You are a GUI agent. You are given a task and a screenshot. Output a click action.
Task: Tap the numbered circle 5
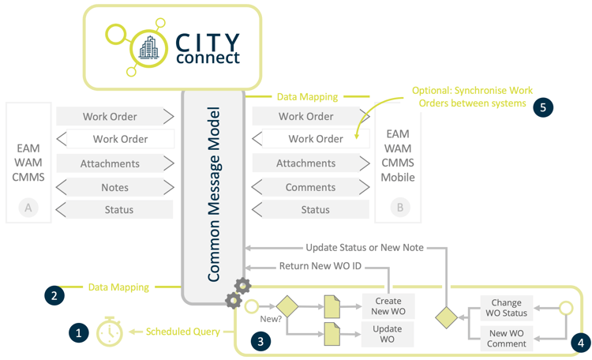pos(542,107)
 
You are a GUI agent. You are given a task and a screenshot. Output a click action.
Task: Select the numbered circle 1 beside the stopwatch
pos(78,333)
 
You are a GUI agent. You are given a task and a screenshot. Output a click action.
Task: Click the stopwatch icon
pos(110,332)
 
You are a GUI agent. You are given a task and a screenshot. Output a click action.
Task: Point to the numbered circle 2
pos(54,295)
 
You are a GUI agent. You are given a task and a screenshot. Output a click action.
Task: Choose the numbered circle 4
pos(579,343)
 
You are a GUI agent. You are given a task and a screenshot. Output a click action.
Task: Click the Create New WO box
pos(388,306)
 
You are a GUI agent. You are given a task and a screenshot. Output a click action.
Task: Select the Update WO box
pos(388,334)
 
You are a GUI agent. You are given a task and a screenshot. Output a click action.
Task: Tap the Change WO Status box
pos(506,308)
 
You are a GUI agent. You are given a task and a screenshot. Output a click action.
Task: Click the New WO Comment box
pos(506,339)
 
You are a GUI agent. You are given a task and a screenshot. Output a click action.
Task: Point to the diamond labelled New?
pos(285,306)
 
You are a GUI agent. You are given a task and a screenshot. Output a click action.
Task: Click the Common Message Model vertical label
pos(214,194)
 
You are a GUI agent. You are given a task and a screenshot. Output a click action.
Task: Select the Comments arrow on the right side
pos(310,187)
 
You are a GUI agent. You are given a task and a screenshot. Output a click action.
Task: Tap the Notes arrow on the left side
pos(114,187)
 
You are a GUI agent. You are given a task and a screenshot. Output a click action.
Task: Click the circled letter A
pos(28,208)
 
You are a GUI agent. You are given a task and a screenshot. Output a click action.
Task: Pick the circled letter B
pos(399,208)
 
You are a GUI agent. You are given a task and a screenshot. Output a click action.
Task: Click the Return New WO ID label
pos(320,266)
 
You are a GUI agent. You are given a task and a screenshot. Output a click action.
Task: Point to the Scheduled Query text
pos(182,332)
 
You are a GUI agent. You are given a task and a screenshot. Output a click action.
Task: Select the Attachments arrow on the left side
pos(114,163)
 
